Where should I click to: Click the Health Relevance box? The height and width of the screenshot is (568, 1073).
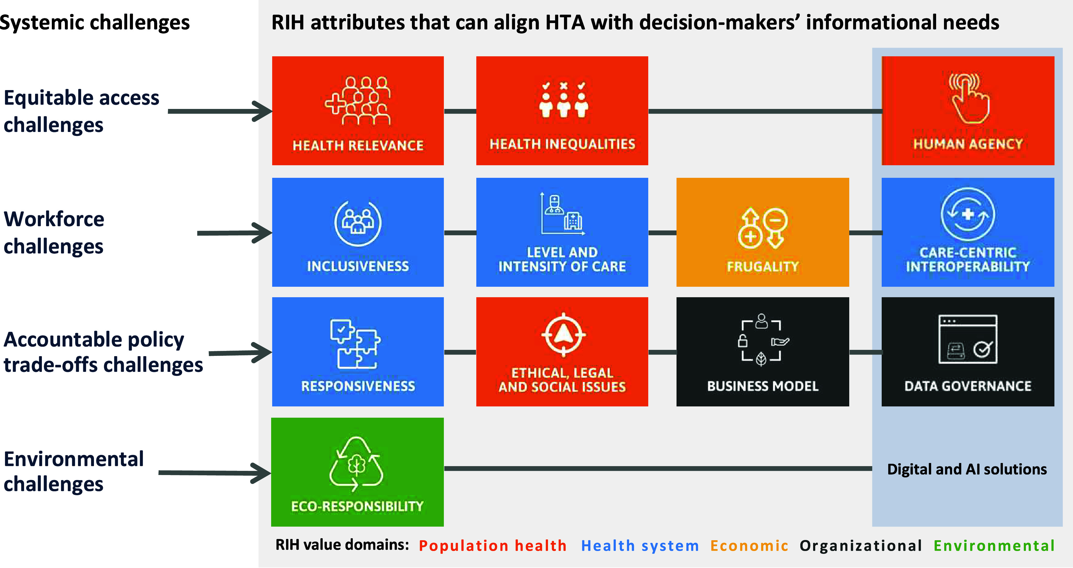357,111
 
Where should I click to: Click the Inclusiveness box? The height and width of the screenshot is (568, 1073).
357,232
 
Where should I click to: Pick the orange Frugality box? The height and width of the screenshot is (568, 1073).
762,232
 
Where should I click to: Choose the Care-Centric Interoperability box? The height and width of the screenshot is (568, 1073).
967,232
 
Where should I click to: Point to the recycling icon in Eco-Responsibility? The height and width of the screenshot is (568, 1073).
356,464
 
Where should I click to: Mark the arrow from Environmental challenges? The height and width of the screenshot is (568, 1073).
215,473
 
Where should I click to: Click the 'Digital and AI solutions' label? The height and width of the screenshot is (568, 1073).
967,469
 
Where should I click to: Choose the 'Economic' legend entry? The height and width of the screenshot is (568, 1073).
749,545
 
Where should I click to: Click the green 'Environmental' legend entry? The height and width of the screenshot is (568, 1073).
994,545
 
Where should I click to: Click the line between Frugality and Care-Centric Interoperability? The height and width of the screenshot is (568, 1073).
865,233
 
